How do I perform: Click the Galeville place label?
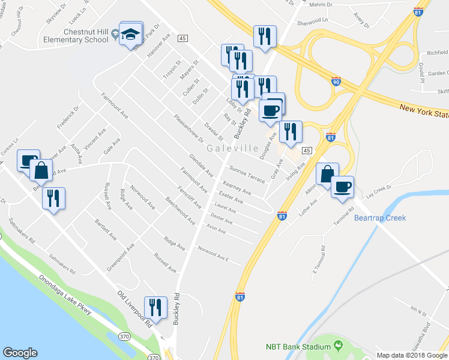point(233,148)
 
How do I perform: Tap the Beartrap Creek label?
point(380,218)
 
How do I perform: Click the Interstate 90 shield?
point(336,80)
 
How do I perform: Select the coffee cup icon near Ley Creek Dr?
point(342,186)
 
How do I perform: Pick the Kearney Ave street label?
point(237,188)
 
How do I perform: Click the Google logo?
point(20,353)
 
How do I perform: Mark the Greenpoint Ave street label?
point(121,256)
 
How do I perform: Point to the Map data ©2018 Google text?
point(411,355)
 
